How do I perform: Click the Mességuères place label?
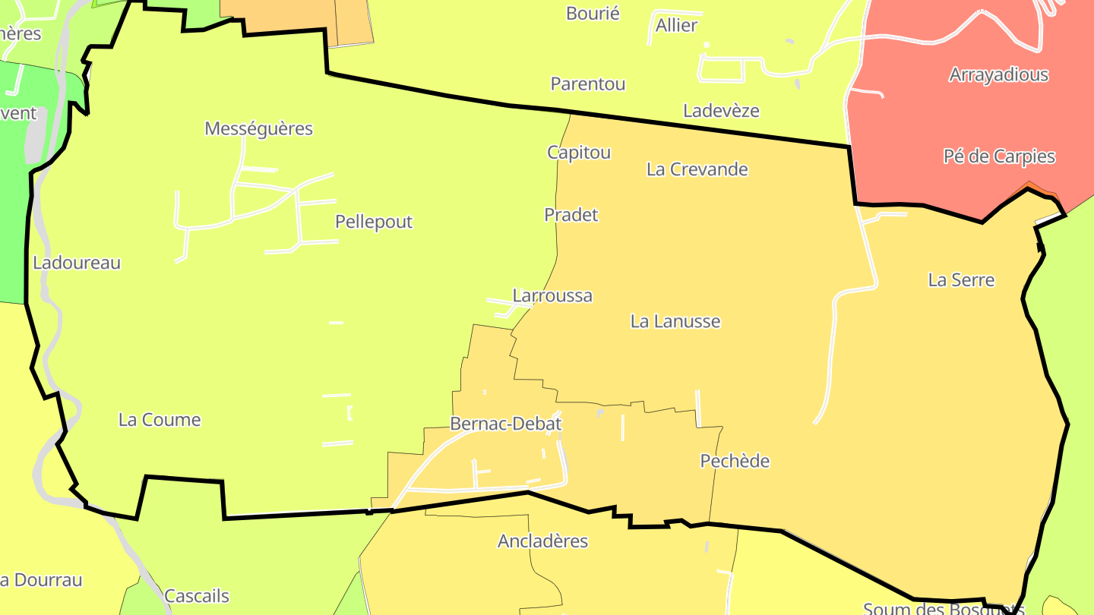[x=258, y=128]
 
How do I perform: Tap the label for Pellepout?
[x=374, y=222]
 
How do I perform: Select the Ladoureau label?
[x=77, y=263]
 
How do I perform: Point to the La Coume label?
[x=160, y=420]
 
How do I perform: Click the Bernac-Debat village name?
[x=505, y=424]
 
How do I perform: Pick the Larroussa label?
[x=552, y=295]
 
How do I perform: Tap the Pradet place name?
[x=571, y=215]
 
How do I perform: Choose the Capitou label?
[x=579, y=153]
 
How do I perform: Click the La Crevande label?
[x=697, y=169]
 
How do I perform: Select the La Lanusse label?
[x=675, y=321]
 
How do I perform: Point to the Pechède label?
[x=735, y=461]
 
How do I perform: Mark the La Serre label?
[x=961, y=280]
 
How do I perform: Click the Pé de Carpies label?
[x=999, y=156]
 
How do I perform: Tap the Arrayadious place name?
[x=998, y=75]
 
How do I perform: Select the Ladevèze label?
[x=721, y=111]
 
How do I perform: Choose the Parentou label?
[x=588, y=84]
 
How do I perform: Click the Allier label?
[x=676, y=26]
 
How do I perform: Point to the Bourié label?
[x=593, y=14]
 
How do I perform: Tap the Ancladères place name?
[x=542, y=541]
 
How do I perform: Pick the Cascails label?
[x=197, y=596]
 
